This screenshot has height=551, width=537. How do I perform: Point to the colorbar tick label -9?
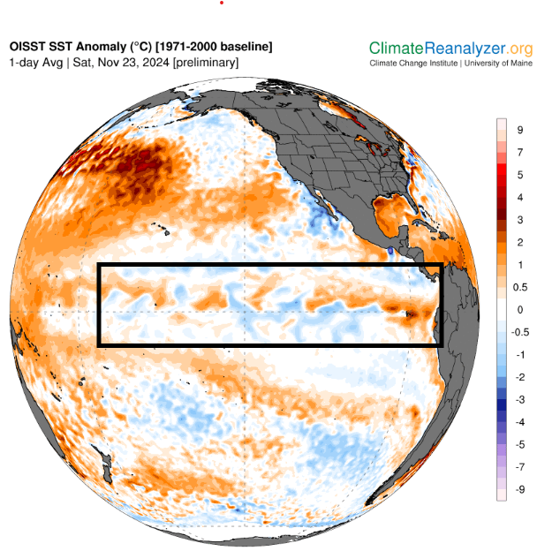coord(519,488)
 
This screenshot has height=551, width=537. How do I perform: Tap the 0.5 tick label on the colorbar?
coord(521,287)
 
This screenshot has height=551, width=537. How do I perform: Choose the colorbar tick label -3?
coord(519,399)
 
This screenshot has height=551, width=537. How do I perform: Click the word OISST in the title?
coord(30,46)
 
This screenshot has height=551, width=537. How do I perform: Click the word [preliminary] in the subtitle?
coord(206,63)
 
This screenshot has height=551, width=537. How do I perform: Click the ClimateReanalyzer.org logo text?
coord(450,48)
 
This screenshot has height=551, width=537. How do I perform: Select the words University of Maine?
coord(493,64)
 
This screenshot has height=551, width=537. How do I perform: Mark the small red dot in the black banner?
coord(222,3)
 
